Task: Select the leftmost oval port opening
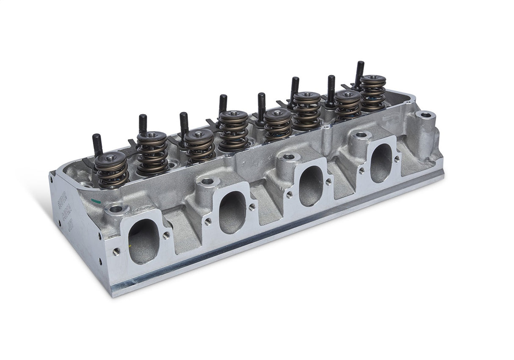coord(143,241)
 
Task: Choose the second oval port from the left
coord(232,212)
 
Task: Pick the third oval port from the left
coord(311,186)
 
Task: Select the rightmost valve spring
coord(373,92)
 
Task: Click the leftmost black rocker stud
coord(97,144)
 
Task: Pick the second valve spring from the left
coord(152,153)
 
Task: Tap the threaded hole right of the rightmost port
coord(396,159)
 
